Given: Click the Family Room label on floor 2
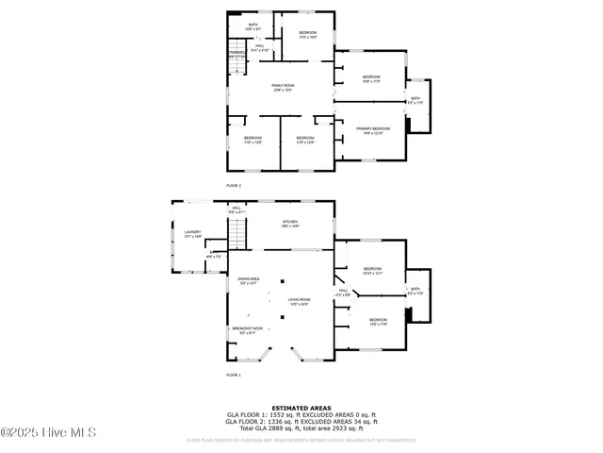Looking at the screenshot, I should (x=284, y=87).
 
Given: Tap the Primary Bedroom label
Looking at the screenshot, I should (x=372, y=130).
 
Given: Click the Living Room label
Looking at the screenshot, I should (x=300, y=301).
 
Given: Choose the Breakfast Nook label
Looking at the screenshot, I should (x=249, y=330).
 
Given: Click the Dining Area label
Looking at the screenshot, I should (x=249, y=280).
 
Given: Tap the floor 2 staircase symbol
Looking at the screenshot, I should (x=237, y=54).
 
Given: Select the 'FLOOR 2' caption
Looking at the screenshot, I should (x=234, y=186).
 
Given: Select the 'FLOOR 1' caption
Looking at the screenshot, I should (x=234, y=376).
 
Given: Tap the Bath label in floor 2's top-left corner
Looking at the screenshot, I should (x=253, y=26).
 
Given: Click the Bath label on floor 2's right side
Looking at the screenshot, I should (x=415, y=99).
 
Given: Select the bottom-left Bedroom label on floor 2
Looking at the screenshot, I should (x=253, y=140).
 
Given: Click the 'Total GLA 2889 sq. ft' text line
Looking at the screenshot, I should (x=301, y=428).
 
